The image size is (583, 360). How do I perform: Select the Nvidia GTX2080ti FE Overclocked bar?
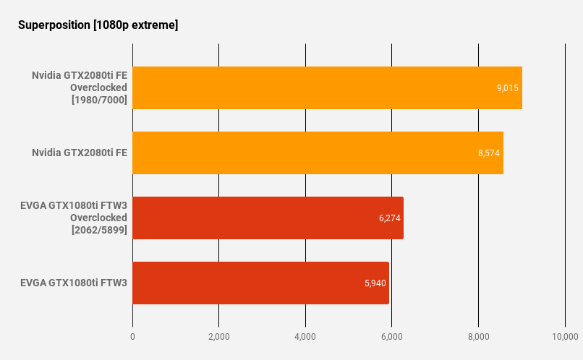[327, 88]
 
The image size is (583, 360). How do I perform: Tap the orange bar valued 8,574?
[318, 153]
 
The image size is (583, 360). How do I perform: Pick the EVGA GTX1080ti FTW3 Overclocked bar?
[268, 218]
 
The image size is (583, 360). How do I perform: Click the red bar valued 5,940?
[260, 283]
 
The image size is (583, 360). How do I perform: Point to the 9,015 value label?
[507, 88]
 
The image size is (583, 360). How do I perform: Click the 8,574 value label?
[489, 153]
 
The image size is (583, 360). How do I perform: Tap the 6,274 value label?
[389, 218]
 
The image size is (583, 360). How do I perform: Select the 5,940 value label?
[375, 283]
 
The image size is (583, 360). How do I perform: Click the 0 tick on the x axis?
[132, 337]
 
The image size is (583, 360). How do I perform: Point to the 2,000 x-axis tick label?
[218, 337]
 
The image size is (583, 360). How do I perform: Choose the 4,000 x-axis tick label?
[305, 337]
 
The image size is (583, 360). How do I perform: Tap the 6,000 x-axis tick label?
[391, 337]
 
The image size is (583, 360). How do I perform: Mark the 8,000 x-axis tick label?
[478, 337]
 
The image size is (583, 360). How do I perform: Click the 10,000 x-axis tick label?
[564, 337]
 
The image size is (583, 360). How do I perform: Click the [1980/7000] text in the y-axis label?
[99, 100]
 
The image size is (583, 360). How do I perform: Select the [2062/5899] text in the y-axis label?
[99, 230]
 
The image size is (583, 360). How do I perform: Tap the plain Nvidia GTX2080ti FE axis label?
[80, 153]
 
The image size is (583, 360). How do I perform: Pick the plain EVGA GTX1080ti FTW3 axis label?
[74, 283]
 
